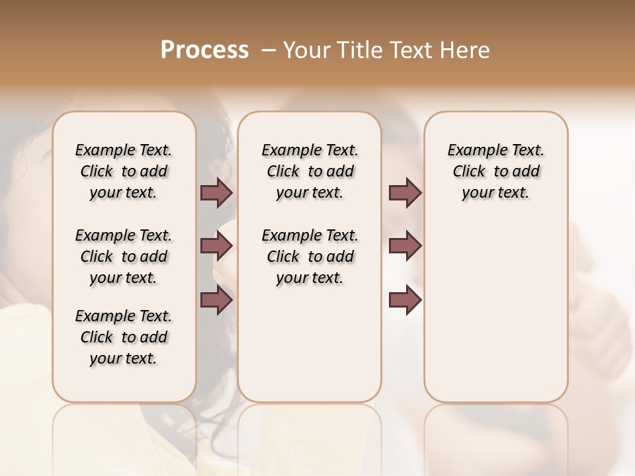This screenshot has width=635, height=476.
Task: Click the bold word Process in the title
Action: pos(204,50)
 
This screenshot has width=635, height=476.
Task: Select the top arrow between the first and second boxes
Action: pos(216,192)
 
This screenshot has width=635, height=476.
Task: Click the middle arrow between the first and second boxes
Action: pos(216,247)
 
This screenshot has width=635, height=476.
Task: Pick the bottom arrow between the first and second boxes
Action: pos(216,300)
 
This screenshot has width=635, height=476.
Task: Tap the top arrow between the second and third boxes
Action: pos(405,192)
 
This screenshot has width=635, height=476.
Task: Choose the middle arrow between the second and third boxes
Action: pos(405,246)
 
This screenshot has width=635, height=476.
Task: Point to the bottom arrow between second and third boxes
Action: pos(405,300)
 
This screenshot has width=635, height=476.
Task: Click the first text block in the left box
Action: pos(124,171)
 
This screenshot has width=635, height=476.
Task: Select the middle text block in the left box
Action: pos(124,257)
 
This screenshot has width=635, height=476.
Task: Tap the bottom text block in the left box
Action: pos(124,337)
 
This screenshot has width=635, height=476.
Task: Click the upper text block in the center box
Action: pos(310,171)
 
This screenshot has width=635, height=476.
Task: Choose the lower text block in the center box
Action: pos(310,257)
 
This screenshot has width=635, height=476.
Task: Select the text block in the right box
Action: pos(495,171)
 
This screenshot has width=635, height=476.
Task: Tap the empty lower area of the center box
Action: pos(310,344)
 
